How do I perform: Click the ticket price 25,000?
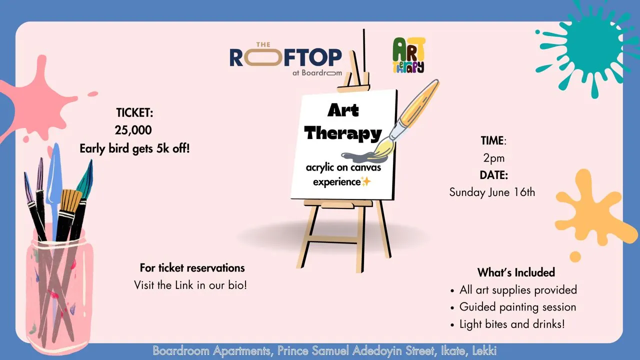pos(133,130)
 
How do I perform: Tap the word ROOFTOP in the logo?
pos(285,57)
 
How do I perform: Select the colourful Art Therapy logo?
pos(408,55)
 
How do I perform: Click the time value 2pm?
pos(493,158)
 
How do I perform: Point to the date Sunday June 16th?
pos(492,192)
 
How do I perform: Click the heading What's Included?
pos(516,272)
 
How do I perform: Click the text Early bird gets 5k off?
pos(134,149)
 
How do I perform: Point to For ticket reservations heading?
pos(192,268)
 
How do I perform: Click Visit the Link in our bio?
pos(190,285)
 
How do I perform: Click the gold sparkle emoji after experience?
pos(365,181)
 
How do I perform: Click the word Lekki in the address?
pos(484,350)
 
